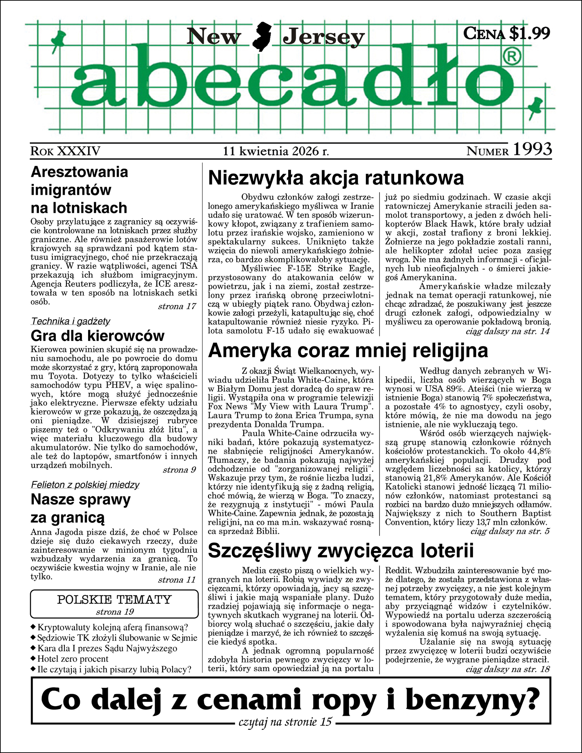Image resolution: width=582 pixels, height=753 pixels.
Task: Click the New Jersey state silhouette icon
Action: point(262,37)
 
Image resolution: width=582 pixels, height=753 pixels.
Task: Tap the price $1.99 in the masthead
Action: point(529,33)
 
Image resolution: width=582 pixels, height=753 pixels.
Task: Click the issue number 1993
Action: point(532,150)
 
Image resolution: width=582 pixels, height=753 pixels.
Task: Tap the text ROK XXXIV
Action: point(66,151)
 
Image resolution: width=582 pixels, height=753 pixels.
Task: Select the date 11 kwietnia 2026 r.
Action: point(276,151)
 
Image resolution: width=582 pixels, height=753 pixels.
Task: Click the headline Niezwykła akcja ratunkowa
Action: point(336,178)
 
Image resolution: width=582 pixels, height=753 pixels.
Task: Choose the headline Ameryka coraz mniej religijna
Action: point(348,351)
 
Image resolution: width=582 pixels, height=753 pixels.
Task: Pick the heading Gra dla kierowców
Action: point(97,336)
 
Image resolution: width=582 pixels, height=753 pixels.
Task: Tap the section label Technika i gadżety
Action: point(71,321)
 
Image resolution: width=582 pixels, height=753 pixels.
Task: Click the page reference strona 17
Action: point(177,306)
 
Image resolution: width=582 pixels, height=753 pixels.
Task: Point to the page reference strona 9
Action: point(179,470)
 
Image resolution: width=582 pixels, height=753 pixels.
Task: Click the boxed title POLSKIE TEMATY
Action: point(114,600)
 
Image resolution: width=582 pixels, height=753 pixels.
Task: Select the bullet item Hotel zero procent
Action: point(73,659)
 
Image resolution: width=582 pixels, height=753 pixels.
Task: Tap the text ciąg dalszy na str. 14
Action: point(508,331)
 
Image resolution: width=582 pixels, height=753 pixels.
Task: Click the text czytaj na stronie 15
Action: point(285,722)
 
